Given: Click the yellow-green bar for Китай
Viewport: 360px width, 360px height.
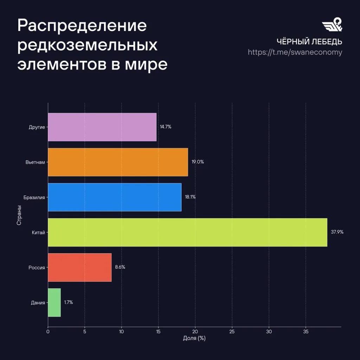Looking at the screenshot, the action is click(188, 232).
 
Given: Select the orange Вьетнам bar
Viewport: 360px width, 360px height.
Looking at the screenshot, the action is click(118, 162).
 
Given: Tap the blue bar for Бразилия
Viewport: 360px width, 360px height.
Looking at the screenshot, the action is click(115, 197).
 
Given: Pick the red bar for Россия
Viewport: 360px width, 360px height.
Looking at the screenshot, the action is click(80, 268).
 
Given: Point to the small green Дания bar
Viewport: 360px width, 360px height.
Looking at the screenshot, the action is click(54, 303).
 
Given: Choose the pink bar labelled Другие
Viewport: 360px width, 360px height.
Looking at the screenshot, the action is click(102, 127).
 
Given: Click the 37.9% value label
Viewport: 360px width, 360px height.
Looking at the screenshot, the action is click(337, 232).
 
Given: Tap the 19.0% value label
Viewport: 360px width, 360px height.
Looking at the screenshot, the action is click(198, 162).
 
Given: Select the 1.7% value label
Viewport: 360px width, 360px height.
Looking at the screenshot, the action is click(69, 302).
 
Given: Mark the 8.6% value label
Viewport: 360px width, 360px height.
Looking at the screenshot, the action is click(120, 267).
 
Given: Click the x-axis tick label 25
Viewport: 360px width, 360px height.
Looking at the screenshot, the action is click(232, 332).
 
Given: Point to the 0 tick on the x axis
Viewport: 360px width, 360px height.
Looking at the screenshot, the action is click(48, 332).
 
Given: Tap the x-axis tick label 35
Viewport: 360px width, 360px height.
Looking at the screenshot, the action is click(306, 332).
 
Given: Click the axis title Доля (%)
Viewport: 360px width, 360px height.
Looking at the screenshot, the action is click(194, 338).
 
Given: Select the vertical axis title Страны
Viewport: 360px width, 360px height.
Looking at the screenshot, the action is click(19, 215).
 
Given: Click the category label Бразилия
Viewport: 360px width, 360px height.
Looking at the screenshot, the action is click(34, 198).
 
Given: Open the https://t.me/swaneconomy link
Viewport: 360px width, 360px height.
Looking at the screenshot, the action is click(295, 52).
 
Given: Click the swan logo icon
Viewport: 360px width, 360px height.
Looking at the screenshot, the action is click(332, 24).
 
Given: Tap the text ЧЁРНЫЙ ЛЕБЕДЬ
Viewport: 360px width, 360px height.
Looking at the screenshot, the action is click(309, 41).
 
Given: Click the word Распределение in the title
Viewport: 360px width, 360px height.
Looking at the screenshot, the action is click(82, 26).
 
